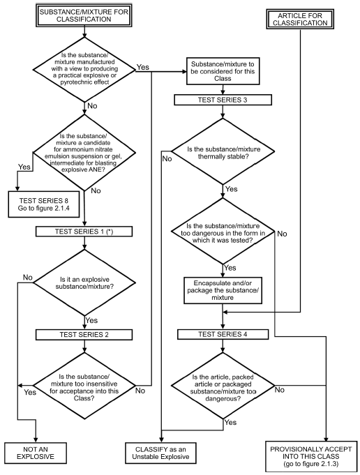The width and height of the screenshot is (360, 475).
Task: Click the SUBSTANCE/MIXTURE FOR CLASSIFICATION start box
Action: click(84, 16)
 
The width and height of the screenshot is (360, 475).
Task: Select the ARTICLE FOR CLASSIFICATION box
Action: click(300, 19)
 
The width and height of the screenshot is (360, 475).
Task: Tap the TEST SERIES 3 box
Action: click(223, 100)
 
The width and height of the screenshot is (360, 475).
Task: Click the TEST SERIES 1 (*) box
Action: click(84, 232)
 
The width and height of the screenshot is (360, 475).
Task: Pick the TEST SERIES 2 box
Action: click(84, 334)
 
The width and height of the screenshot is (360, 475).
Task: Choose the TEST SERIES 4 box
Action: click(223, 334)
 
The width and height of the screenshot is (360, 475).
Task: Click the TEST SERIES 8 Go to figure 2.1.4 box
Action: click(44, 204)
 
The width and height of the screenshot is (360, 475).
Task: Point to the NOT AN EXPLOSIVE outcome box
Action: click(36, 453)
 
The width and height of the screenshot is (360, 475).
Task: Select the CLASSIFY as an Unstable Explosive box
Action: click(160, 453)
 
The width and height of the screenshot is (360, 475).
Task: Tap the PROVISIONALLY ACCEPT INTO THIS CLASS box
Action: click(311, 457)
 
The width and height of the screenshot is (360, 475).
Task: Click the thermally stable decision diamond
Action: click(223, 151)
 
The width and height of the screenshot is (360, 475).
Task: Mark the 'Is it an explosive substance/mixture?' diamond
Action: click(84, 283)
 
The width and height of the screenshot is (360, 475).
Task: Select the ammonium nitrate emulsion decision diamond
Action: click(84, 152)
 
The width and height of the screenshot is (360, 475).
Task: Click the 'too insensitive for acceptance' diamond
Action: click(84, 386)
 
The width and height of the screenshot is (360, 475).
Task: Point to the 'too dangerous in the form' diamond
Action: click(223, 232)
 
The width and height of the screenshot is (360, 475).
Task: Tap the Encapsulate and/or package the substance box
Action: click(223, 290)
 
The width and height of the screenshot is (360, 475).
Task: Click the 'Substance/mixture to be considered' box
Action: click(223, 71)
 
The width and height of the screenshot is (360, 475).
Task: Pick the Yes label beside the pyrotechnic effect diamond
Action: click(143, 67)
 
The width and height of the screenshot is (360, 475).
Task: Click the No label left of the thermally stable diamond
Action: click(167, 159)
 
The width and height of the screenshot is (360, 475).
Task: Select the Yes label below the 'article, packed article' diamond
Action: click(230, 422)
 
